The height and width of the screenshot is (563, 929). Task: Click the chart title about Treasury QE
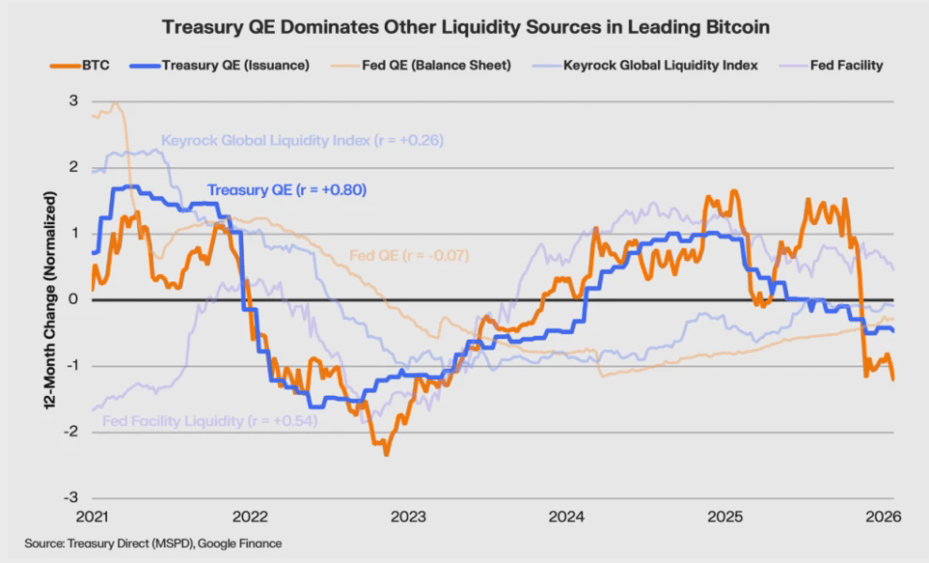465,27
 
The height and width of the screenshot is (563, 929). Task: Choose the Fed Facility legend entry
845,66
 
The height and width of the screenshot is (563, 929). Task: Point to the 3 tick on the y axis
72,101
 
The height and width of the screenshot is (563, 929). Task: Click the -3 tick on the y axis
69,497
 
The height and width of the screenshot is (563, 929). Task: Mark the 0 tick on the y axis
72,299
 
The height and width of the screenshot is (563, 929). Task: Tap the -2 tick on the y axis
69,432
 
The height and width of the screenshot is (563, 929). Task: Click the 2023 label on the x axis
408,517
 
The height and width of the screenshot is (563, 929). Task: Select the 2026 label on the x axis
883,517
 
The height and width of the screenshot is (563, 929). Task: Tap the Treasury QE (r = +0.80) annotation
286,190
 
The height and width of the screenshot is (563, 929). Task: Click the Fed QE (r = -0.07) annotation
408,255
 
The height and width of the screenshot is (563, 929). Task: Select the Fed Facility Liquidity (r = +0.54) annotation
209,421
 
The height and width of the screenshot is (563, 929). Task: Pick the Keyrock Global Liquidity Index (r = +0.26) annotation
302,141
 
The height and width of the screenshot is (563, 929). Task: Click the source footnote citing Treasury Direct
153,543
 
